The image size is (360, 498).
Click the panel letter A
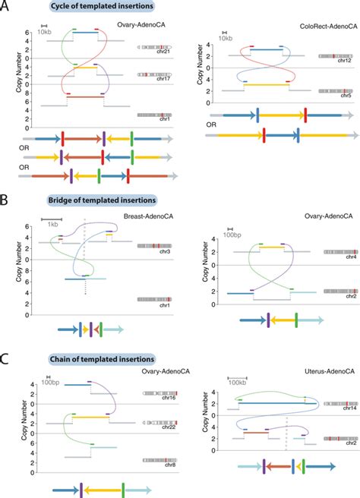point(6,7)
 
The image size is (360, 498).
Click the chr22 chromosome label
point(162,428)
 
